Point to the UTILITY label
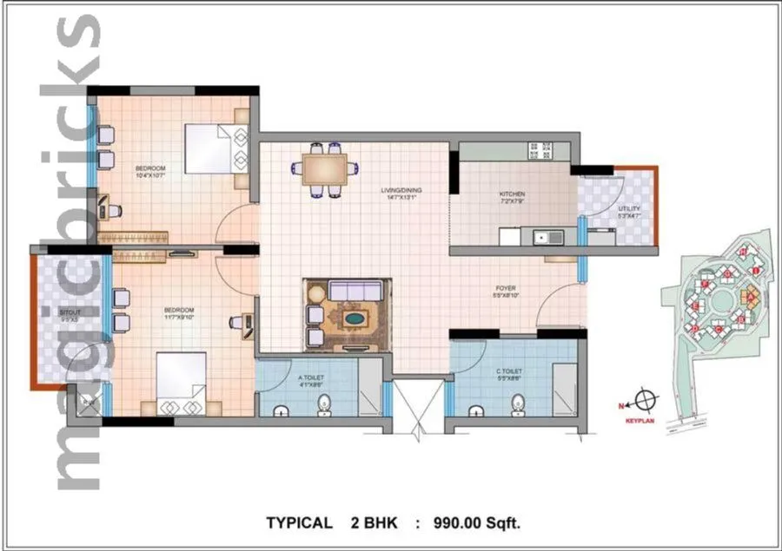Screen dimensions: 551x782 (629, 209)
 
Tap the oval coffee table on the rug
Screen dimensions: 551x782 (352, 319)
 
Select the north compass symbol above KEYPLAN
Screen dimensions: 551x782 (645, 402)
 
